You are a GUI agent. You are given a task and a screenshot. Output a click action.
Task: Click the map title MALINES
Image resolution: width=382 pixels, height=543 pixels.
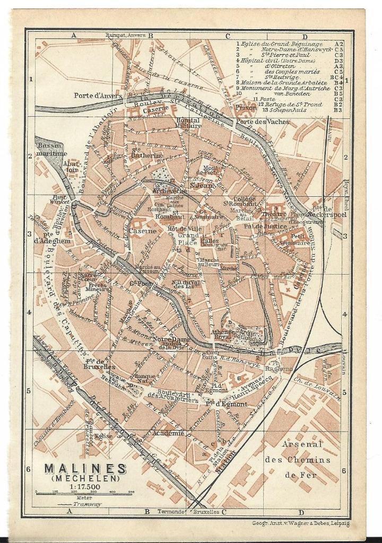tap(85, 469)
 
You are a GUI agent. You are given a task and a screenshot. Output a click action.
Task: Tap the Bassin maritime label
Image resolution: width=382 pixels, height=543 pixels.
tap(51, 150)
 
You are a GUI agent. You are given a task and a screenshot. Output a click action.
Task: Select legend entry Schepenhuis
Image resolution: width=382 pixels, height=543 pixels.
tap(281, 110)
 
